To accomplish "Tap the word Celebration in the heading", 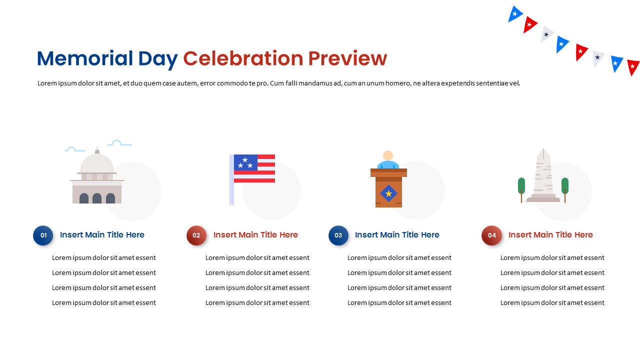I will pos(243,59).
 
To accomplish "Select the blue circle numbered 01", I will pos(43,235).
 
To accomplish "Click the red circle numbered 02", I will pos(196,235).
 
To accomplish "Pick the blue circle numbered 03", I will pos(338,235).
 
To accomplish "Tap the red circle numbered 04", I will pos(491,235).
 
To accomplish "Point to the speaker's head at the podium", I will pos(388,155).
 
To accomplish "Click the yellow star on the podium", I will pos(388,193).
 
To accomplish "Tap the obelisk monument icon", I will pos(543,175).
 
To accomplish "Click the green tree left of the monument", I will pos(521,185).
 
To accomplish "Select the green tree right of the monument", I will pos(565,185).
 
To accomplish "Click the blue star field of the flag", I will pos(245,162).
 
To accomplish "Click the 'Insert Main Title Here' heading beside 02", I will pos(255,235).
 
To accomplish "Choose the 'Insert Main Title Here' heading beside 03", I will pos(397,235).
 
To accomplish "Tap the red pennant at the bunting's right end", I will pos(633,67).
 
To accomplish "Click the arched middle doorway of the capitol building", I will pos(97,198).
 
